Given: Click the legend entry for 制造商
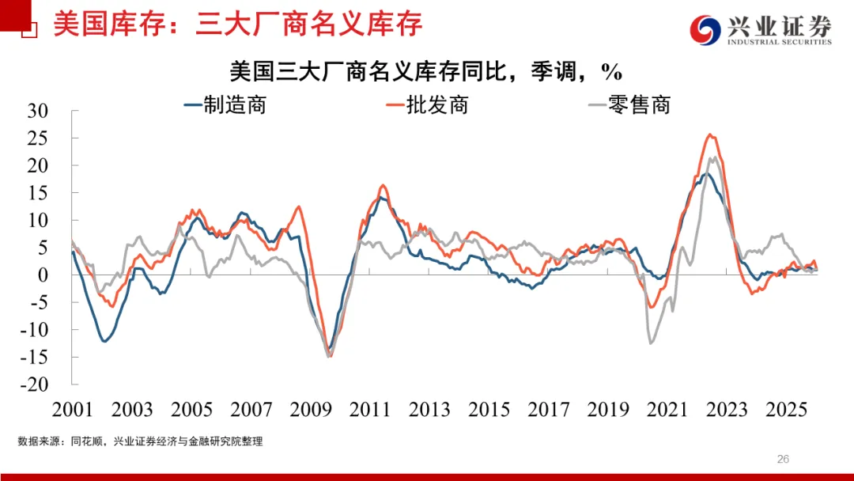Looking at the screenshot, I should coord(225,104).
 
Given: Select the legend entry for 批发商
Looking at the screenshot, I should coord(426,104).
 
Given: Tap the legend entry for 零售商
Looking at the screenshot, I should coord(629,104).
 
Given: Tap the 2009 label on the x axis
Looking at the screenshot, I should coord(310,409).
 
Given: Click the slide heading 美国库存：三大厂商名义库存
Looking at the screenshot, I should coord(237,24).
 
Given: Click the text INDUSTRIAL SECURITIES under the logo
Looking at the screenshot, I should coord(779,43).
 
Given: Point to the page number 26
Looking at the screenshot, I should coord(784,459).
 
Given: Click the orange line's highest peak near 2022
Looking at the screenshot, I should coord(710,134).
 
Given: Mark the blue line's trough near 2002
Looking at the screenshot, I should coord(104,341).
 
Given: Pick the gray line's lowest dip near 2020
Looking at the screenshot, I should coord(651,343).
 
